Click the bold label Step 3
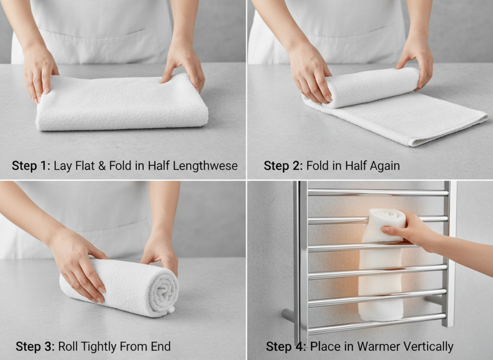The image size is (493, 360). coord(35,347)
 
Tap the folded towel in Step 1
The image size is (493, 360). coord(120,108)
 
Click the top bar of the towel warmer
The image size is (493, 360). coord(378,193)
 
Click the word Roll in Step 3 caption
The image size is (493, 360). coord(67,347)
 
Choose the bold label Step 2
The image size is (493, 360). coord(283,166)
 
